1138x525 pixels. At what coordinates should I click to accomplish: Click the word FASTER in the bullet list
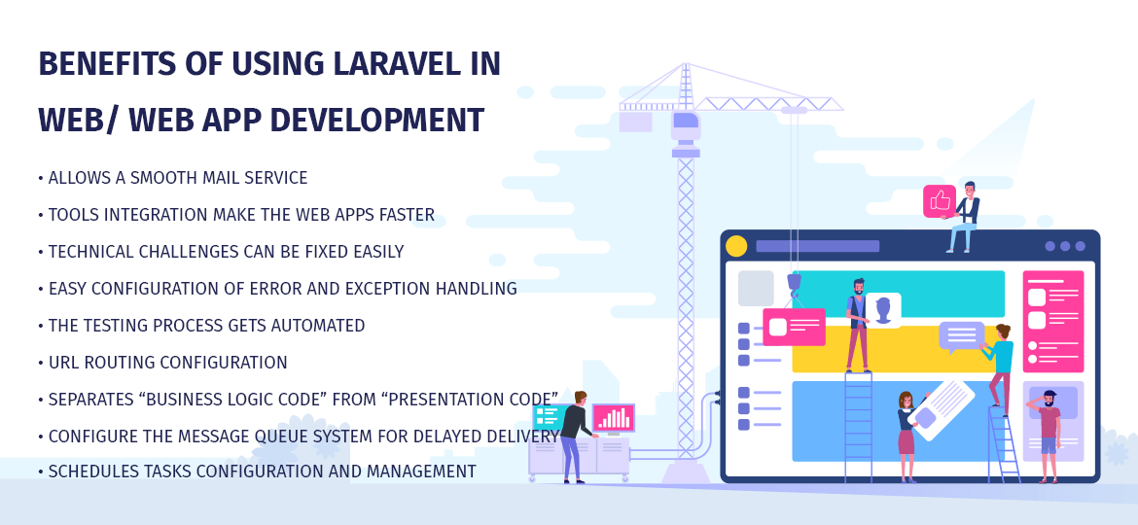click(405, 215)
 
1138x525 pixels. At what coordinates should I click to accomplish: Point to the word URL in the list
click(64, 363)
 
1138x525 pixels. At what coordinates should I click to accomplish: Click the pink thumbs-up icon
click(939, 200)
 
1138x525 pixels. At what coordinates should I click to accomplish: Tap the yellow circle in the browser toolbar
click(736, 246)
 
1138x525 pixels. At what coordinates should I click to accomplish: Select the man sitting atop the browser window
click(964, 216)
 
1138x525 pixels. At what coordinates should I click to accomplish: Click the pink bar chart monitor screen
click(613, 417)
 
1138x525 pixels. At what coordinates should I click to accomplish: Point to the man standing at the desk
click(573, 434)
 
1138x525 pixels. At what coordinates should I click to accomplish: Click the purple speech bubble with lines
click(960, 336)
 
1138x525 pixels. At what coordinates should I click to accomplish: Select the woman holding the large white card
click(907, 433)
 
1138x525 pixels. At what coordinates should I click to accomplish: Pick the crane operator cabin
click(686, 126)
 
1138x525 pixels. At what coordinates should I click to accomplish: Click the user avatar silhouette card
click(882, 310)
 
